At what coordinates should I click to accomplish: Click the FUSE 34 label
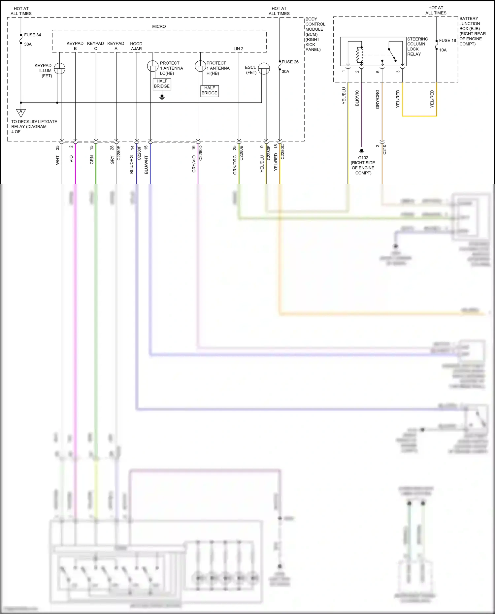[x=32, y=35]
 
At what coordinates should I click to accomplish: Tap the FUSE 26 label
[x=290, y=62]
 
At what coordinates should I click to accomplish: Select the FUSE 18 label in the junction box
[x=447, y=40]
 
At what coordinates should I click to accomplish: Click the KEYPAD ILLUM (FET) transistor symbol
[x=60, y=68]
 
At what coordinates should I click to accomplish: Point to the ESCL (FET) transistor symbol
[x=264, y=69]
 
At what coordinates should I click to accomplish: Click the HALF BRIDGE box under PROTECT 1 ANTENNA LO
[x=162, y=84]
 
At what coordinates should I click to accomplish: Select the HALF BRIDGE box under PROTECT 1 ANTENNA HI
[x=210, y=90]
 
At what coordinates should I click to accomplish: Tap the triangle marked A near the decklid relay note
[x=21, y=113]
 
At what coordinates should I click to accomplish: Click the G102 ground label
[x=363, y=158]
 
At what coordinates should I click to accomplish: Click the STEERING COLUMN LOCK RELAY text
[x=417, y=47]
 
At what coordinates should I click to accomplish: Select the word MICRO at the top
[x=159, y=26]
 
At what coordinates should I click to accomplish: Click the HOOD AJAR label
[x=136, y=46]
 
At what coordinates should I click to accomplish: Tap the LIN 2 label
[x=238, y=48]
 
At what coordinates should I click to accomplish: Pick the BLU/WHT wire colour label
[x=146, y=165]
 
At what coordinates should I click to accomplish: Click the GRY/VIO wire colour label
[x=194, y=164]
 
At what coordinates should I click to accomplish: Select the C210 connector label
[x=384, y=149]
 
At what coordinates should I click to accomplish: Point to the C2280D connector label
[x=200, y=153]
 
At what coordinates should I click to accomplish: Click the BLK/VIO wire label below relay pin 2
[x=357, y=98]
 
